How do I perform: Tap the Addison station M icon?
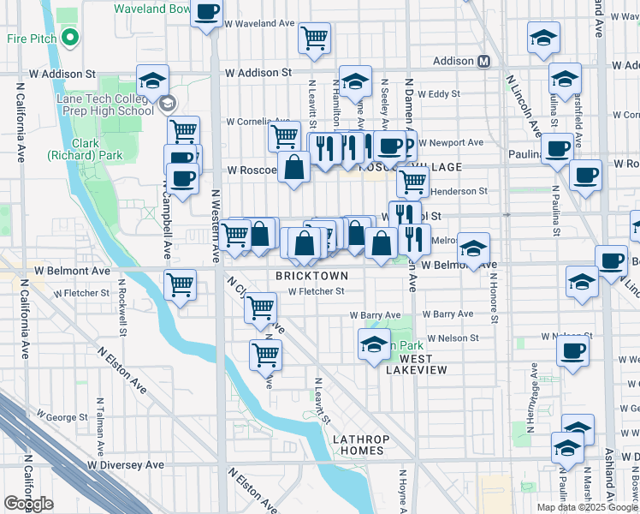point(484,62)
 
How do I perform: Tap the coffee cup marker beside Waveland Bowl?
point(207,14)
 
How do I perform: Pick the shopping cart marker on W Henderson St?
point(412,182)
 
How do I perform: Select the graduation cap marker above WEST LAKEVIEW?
point(374,345)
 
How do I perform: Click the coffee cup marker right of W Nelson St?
point(572,350)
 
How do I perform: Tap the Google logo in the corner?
point(29,504)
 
